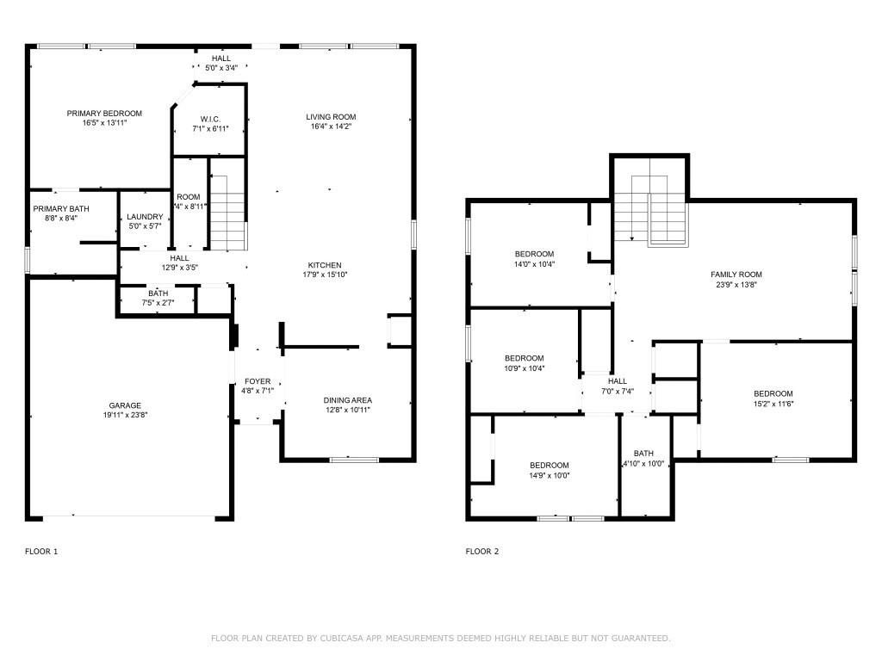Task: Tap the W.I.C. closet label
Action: coord(210,119)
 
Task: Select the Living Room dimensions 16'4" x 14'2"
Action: coord(331,127)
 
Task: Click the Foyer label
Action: coord(258,381)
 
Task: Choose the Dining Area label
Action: coord(347,400)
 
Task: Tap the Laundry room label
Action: coord(144,217)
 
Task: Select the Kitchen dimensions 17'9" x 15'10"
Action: coord(326,275)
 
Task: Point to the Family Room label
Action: coord(736,275)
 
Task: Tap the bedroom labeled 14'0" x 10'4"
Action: coord(534,254)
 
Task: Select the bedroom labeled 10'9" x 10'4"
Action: coord(524,358)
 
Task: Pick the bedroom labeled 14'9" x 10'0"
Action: coord(549,465)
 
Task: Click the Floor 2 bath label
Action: coord(643,454)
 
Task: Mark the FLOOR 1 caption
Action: coord(41,552)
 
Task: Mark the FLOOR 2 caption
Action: coord(482,552)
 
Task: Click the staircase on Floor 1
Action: coord(228,211)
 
